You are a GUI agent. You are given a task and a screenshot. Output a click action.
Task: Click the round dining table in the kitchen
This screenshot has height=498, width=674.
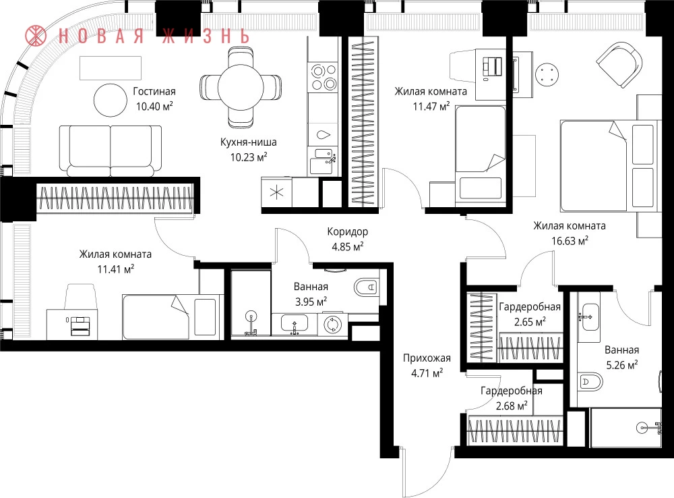(241, 87)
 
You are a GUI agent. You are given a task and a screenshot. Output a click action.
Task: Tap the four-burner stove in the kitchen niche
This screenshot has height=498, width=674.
(324, 77)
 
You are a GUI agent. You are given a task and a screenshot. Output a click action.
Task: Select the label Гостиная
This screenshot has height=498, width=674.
(154, 91)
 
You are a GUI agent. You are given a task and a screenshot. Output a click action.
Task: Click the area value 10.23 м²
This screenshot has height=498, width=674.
(249, 157)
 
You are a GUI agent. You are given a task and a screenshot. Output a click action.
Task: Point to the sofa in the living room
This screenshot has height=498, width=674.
(111, 150)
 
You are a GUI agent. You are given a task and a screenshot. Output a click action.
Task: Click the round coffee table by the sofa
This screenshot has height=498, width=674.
(111, 101)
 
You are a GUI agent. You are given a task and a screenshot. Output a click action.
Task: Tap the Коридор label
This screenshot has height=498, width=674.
(347, 231)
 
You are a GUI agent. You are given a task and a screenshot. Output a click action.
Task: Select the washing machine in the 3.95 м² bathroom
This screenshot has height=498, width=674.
(332, 325)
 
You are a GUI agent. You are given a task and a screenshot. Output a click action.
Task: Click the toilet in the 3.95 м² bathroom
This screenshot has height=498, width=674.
(366, 287)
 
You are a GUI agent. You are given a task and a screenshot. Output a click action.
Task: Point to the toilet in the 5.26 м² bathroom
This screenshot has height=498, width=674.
(590, 381)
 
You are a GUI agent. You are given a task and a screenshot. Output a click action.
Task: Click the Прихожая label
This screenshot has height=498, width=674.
(427, 358)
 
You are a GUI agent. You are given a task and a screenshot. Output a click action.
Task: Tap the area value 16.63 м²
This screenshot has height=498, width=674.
(570, 241)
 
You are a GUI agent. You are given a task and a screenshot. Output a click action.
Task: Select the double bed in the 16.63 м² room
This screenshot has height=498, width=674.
(609, 166)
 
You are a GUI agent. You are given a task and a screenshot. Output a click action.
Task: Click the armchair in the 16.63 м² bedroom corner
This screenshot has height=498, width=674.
(619, 65)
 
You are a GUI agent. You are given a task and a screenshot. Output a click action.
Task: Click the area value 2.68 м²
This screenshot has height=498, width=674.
(512, 406)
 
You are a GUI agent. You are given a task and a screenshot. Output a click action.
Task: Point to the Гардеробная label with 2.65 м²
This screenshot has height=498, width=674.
(530, 307)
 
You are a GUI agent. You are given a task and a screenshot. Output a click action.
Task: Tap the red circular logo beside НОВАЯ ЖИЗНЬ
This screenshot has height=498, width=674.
(36, 35)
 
